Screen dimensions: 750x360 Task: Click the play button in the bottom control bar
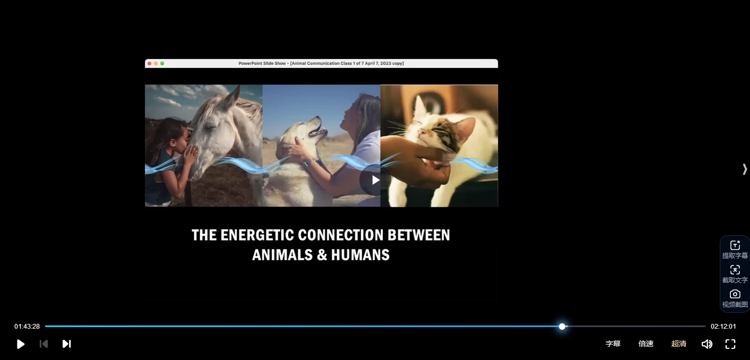point(20,344)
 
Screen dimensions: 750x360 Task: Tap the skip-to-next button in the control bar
point(67,344)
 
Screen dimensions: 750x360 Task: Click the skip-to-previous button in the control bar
point(44,344)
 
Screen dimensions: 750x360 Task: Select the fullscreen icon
point(730,344)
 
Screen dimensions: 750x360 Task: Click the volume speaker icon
point(707,344)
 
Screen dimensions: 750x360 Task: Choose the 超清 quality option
point(679,344)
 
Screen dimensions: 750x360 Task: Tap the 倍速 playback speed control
point(646,344)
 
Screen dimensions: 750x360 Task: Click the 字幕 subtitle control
point(613,344)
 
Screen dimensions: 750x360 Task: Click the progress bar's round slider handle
point(562,326)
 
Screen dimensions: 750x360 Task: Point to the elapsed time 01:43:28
point(27,326)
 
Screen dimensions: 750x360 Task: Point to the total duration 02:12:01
point(723,326)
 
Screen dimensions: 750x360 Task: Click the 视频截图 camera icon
point(735,294)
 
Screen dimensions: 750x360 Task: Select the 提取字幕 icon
point(735,245)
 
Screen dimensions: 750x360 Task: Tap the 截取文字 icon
point(735,270)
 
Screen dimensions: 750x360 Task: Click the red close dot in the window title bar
point(149,63)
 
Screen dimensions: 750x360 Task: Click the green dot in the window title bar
point(162,63)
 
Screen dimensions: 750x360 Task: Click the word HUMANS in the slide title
point(360,255)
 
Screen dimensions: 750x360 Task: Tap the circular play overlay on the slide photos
point(375,180)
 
